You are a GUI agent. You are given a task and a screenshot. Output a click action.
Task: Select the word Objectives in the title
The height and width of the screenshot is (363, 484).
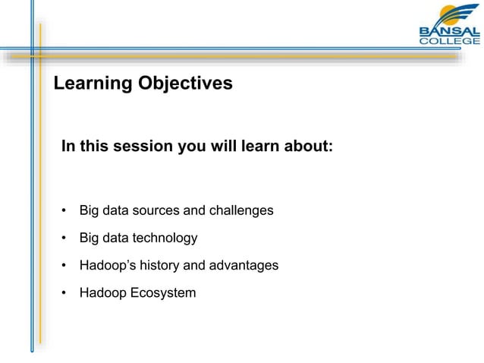(185, 84)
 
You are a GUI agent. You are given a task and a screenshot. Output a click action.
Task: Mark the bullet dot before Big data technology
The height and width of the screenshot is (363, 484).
(66, 238)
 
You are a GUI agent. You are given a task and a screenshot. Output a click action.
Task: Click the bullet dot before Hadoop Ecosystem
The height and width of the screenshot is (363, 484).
(66, 293)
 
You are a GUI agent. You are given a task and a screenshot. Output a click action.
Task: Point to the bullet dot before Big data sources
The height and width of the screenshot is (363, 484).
(66, 210)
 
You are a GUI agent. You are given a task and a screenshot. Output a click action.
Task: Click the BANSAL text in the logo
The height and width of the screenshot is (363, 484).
(449, 31)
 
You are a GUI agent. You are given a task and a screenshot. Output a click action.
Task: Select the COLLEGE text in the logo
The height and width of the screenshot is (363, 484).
(449, 42)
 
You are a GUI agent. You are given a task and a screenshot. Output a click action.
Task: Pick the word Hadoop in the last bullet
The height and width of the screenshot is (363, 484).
(103, 292)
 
